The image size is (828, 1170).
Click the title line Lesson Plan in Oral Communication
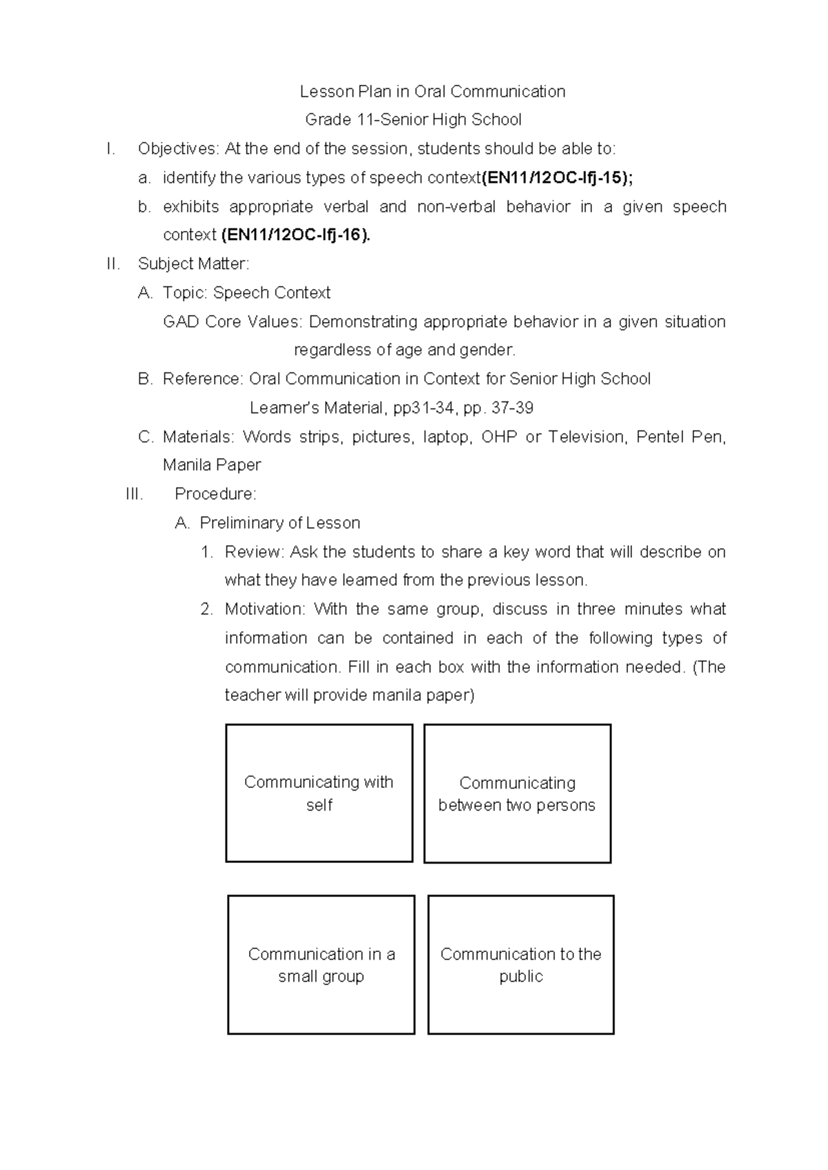[x=432, y=92]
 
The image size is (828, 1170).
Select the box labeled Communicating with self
[x=319, y=793]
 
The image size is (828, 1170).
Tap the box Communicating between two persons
[x=517, y=793]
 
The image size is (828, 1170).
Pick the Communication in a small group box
[x=321, y=964]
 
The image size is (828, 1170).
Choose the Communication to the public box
[x=520, y=964]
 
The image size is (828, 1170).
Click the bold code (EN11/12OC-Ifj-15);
[x=557, y=178]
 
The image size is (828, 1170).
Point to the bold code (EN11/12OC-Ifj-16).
[x=295, y=235]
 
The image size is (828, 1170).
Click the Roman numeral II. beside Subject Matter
[x=114, y=264]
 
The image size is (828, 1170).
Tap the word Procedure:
[x=215, y=494]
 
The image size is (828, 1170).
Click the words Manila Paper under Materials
[x=212, y=465]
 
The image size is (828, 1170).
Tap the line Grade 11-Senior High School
[x=413, y=120]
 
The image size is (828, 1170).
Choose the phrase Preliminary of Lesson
[x=279, y=523]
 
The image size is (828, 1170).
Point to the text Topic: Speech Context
[x=246, y=292]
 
